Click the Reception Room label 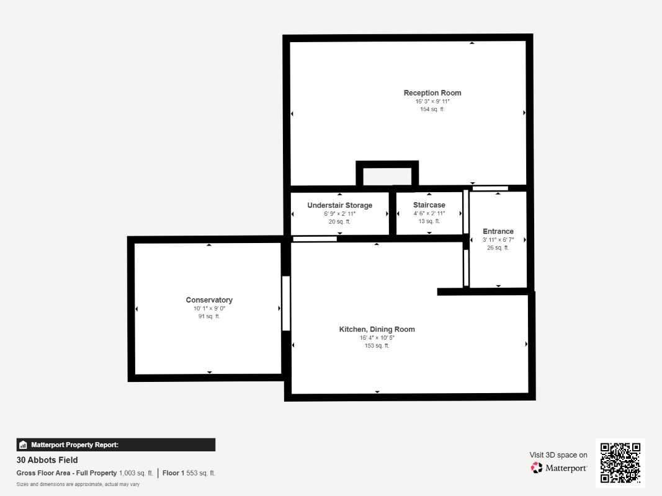(x=432, y=93)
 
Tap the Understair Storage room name (x=340, y=205)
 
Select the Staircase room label (x=429, y=205)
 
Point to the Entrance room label (x=498, y=231)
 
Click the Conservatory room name (x=209, y=300)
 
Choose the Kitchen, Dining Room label (x=377, y=329)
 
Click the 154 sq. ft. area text (x=432, y=109)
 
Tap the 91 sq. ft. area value (x=209, y=316)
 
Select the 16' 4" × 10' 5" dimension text (x=377, y=338)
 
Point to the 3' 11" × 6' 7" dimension (x=498, y=239)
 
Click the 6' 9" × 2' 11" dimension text (x=340, y=214)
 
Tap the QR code (x=620, y=463)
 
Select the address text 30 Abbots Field (x=47, y=460)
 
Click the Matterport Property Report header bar (x=115, y=445)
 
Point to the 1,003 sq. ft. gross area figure (x=136, y=473)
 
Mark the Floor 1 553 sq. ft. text (x=189, y=473)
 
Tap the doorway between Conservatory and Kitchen (x=286, y=303)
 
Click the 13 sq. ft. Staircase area (x=429, y=221)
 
